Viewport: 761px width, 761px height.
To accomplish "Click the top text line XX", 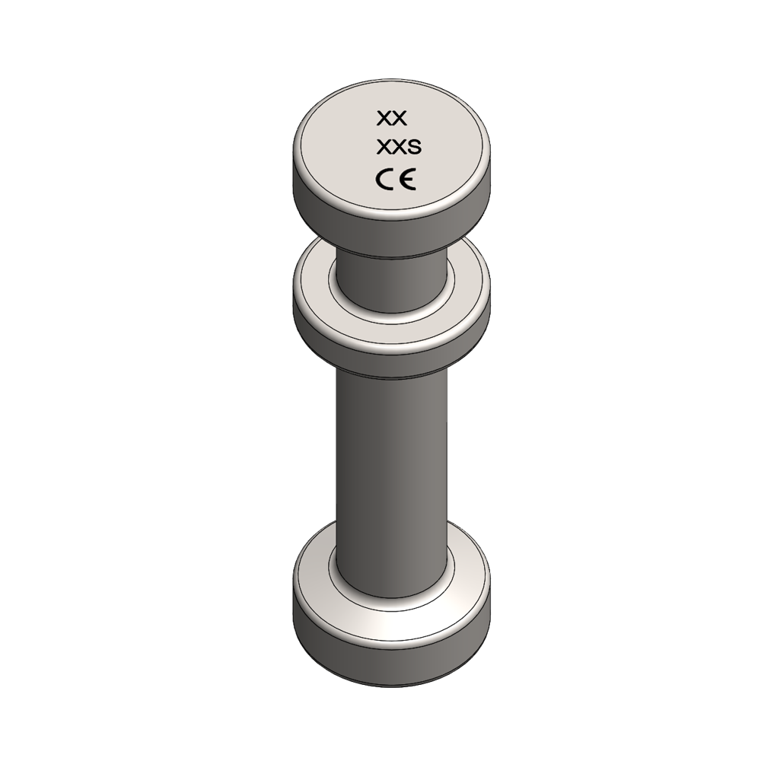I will click(x=393, y=118).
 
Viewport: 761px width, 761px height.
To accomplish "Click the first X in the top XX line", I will click(x=385, y=118).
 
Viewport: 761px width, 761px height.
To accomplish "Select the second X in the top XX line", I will click(x=402, y=118).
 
